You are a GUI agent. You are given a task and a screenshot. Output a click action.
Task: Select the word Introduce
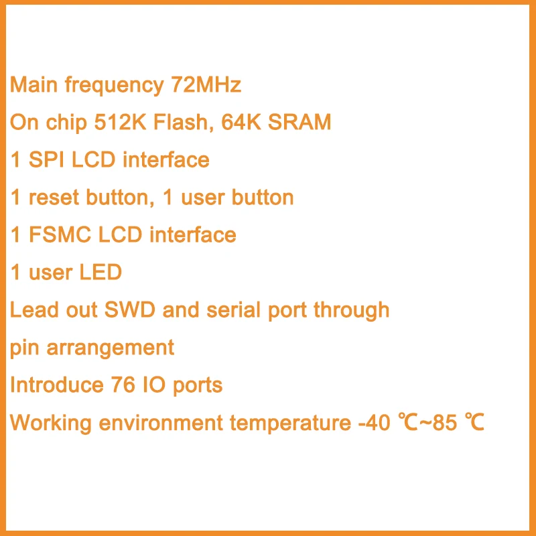tap(54, 385)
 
